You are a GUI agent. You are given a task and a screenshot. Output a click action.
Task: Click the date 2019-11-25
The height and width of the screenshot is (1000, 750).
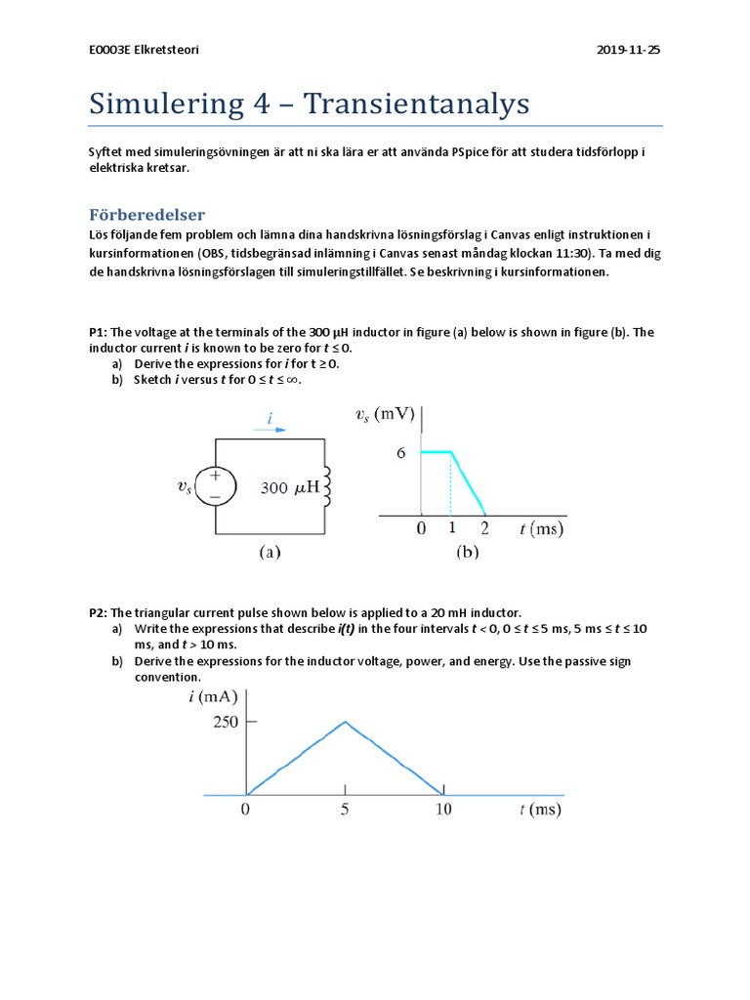click(628, 50)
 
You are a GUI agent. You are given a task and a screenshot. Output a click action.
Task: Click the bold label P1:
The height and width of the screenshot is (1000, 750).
click(99, 332)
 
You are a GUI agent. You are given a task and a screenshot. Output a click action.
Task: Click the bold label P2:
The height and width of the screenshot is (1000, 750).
click(99, 612)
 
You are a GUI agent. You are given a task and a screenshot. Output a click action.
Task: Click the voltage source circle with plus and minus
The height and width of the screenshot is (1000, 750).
click(216, 485)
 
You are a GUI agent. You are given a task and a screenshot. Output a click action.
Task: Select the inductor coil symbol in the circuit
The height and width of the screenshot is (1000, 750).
click(327, 485)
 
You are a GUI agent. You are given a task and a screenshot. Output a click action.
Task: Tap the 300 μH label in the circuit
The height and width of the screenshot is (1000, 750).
click(290, 487)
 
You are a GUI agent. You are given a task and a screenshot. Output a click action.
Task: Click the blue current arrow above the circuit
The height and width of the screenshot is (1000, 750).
click(270, 428)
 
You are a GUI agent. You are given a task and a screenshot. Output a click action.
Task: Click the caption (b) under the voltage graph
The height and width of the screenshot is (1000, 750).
click(467, 552)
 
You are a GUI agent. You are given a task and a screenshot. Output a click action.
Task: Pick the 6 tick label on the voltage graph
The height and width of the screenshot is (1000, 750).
click(401, 453)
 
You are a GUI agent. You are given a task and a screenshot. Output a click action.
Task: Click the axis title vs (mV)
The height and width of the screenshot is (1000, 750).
click(385, 414)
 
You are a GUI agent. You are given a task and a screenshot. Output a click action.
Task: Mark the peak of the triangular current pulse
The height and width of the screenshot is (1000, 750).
click(345, 723)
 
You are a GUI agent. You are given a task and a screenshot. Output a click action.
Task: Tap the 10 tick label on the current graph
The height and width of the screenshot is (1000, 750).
click(443, 810)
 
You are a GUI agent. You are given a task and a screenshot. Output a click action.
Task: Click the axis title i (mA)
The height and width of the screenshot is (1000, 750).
click(206, 696)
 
